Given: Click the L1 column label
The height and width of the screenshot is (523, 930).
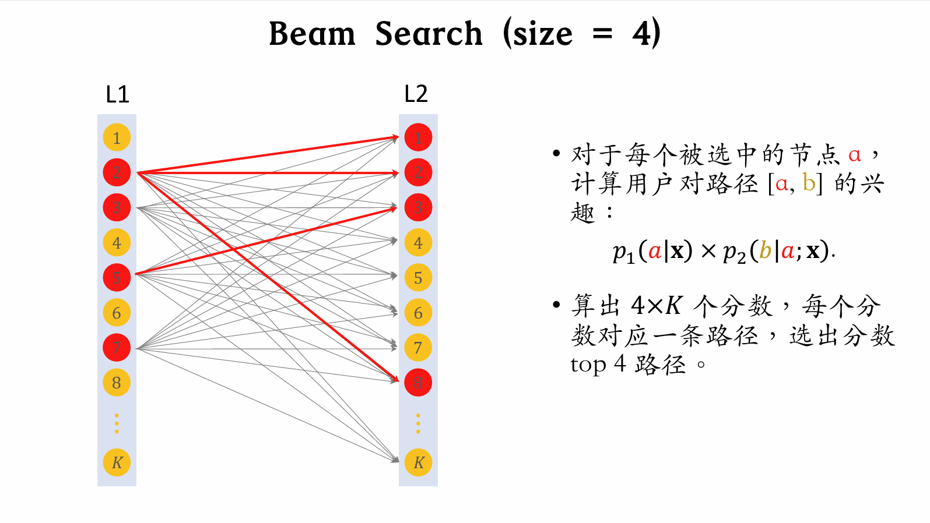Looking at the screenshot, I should [x=117, y=94].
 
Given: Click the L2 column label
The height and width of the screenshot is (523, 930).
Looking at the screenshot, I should [x=416, y=94].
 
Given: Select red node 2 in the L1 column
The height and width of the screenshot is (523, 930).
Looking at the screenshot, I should [x=117, y=172].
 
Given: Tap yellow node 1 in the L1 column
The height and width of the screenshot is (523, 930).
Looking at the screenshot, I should [x=117, y=138].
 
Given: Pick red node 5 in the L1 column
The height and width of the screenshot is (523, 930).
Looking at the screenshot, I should [x=117, y=278].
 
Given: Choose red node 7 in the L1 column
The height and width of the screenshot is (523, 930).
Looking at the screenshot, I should [x=117, y=348].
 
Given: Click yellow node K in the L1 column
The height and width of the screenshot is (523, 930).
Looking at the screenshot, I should [x=117, y=462].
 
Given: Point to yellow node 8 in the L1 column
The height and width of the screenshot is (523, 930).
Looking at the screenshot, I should [x=117, y=383].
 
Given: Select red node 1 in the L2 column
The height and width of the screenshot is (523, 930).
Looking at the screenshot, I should [x=418, y=138].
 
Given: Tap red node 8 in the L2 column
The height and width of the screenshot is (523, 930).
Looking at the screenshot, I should [x=418, y=383].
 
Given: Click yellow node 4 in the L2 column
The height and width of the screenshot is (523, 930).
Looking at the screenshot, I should [x=418, y=243].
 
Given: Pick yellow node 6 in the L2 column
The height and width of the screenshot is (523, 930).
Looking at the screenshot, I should [x=418, y=313].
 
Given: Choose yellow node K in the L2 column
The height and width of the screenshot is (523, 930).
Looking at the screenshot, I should [x=418, y=462].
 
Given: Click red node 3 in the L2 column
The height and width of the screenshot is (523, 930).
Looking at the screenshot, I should [x=418, y=207].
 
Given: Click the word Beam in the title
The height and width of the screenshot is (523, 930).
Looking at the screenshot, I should [x=312, y=34].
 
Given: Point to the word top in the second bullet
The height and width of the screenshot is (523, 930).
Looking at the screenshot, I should [x=589, y=365].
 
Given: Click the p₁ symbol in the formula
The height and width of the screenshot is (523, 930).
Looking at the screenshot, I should [x=623, y=252].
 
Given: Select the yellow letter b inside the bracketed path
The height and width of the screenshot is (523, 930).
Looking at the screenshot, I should [x=809, y=183].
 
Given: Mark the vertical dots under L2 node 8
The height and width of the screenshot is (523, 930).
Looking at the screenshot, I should [x=418, y=423].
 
